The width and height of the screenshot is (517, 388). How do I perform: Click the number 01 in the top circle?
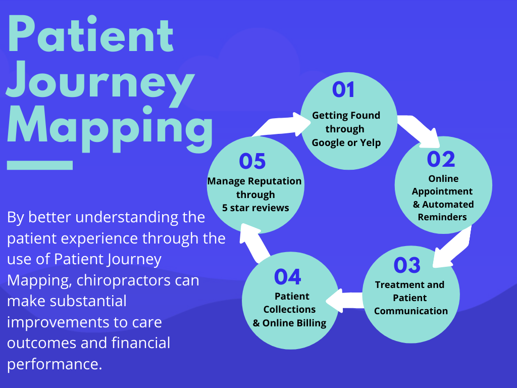click(x=344, y=90)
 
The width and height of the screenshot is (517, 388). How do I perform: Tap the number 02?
click(x=441, y=159)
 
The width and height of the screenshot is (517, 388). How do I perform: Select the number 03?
click(x=407, y=265)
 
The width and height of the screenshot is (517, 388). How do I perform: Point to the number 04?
click(x=287, y=277)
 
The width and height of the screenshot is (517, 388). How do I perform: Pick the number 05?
click(x=252, y=162)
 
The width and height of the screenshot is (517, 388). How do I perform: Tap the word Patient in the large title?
click(x=91, y=34)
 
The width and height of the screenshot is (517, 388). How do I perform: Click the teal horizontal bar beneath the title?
click(x=40, y=165)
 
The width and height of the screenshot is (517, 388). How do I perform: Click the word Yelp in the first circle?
click(x=371, y=142)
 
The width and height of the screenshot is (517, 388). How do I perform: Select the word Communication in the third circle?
click(x=410, y=311)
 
